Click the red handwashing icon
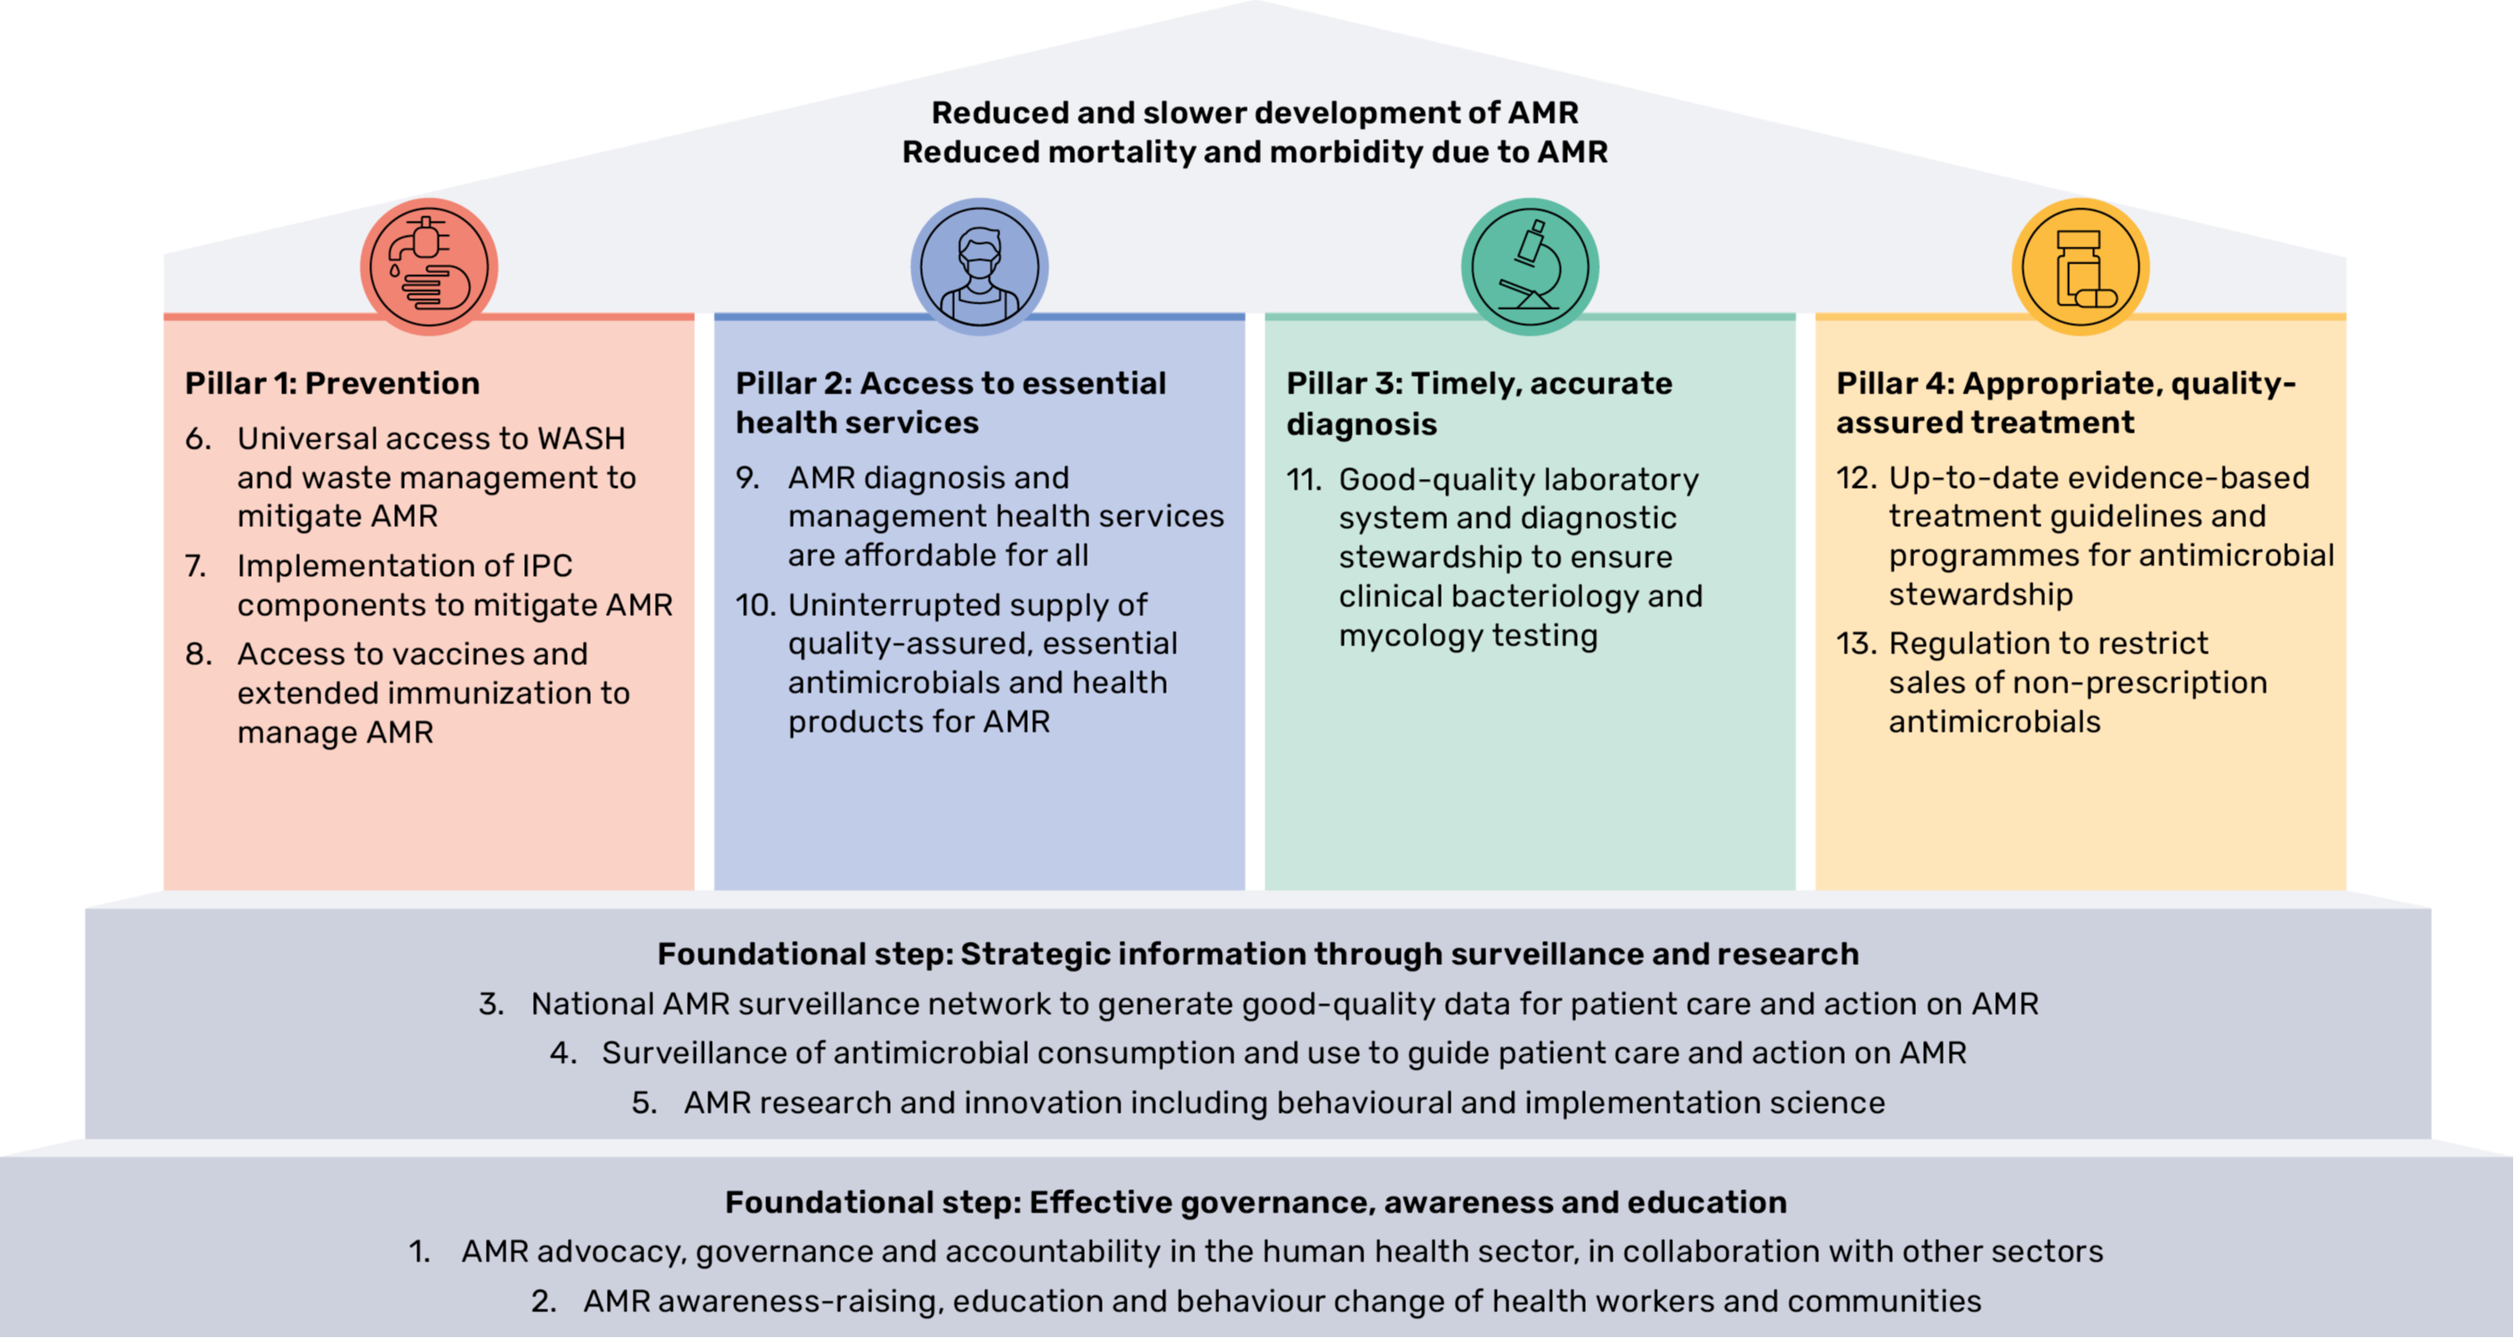[x=430, y=266]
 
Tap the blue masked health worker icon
[x=979, y=266]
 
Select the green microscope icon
[x=1529, y=266]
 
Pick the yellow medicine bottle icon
[x=2080, y=266]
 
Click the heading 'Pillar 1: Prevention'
[x=332, y=384]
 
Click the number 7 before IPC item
[x=195, y=566]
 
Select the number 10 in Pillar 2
[x=755, y=605]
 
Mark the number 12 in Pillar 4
[x=1855, y=478]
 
